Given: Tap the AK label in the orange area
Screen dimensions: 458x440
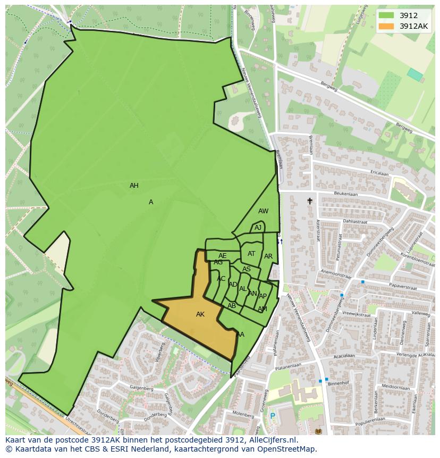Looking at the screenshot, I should (200, 314).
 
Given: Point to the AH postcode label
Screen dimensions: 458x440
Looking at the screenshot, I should (134, 186).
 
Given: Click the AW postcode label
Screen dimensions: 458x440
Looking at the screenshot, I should (263, 211).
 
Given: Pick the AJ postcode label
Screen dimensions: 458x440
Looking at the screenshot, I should (258, 228).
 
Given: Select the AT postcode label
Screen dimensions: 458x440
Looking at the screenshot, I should (251, 254).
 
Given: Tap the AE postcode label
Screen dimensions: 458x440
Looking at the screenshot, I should (222, 256).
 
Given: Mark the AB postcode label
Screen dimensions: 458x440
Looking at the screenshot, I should (232, 306).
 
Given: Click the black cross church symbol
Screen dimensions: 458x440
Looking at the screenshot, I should (310, 201).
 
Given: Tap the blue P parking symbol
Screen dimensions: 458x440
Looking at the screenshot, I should (273, 416).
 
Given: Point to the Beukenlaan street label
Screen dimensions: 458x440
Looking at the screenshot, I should (345, 194).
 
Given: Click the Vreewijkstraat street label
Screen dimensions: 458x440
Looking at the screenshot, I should (357, 314).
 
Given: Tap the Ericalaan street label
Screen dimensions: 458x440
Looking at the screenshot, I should (379, 173).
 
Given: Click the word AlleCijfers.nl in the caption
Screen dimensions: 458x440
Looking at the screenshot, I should (272, 440).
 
